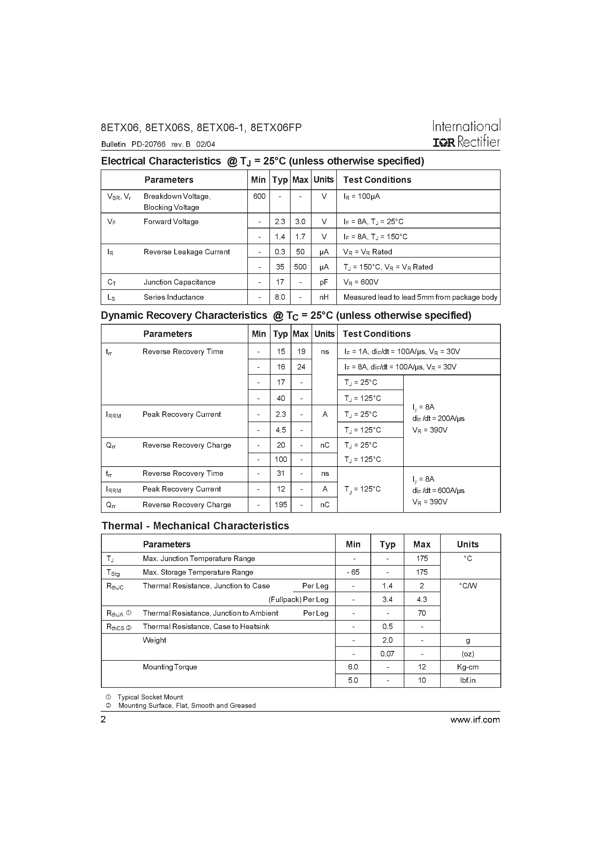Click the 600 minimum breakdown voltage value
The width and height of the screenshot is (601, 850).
(x=259, y=196)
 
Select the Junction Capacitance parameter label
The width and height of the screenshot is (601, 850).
(x=179, y=282)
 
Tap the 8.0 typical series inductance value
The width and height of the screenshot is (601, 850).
(x=280, y=297)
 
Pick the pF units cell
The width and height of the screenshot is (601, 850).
(x=324, y=282)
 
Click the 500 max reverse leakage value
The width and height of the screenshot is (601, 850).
(x=300, y=267)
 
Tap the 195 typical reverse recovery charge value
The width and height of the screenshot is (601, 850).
(x=280, y=505)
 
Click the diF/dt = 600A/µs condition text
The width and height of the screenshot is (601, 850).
(x=438, y=490)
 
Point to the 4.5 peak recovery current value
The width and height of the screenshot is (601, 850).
(x=280, y=430)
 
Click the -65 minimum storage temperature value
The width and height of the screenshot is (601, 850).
(x=353, y=572)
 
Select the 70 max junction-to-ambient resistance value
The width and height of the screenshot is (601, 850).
(x=422, y=613)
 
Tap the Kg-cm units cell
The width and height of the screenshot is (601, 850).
(x=467, y=667)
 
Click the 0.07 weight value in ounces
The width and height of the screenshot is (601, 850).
(x=387, y=654)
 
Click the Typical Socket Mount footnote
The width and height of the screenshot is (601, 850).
(x=150, y=697)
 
